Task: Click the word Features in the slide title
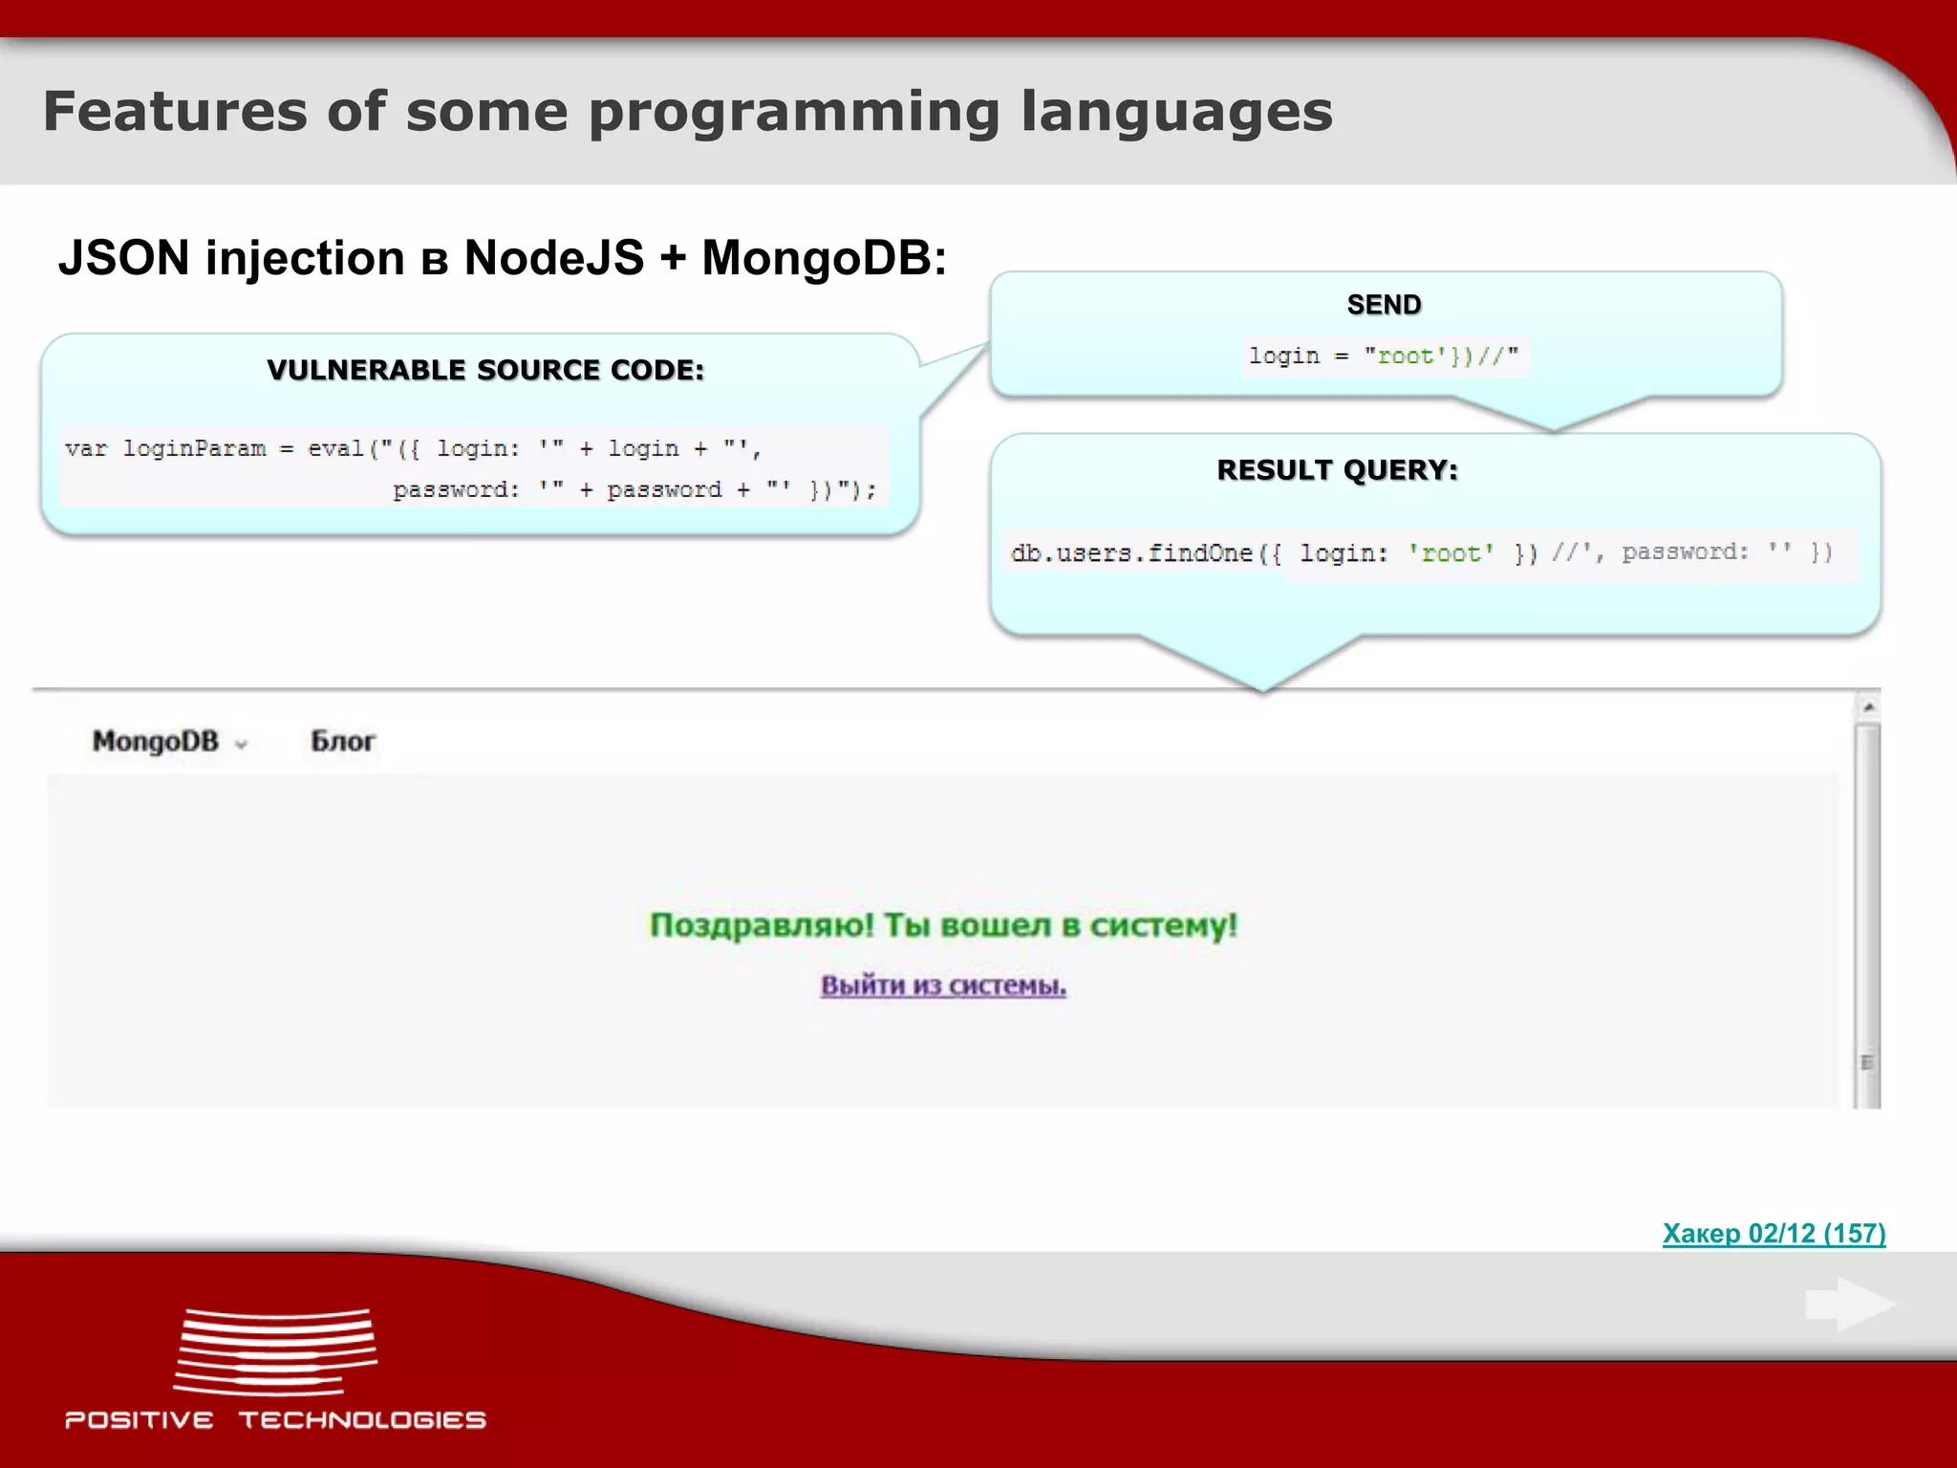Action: click(174, 112)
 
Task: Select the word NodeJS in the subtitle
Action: click(553, 258)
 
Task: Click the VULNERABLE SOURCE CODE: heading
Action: click(485, 370)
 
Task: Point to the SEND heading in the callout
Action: click(1384, 305)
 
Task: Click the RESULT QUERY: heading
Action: click(1337, 470)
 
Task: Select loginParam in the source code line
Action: click(194, 448)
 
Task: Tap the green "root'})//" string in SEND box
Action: click(1441, 356)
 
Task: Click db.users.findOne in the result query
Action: click(1131, 553)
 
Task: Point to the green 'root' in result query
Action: click(1451, 553)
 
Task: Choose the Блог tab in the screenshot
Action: click(343, 742)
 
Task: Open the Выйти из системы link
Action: click(943, 985)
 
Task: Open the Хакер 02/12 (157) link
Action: click(1774, 1234)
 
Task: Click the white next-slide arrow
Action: click(1851, 1305)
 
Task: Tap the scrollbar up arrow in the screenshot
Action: click(1868, 707)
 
